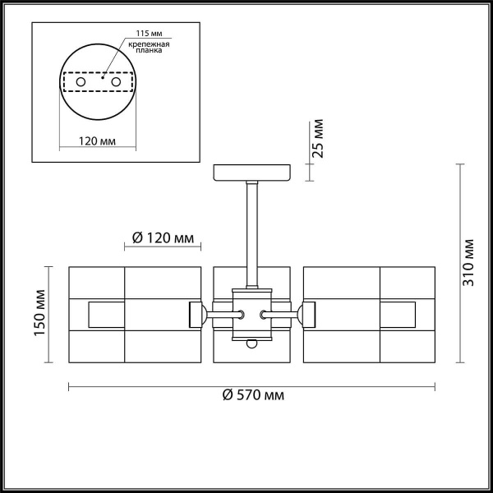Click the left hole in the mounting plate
pyautogui.click(x=81, y=83)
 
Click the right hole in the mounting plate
pyautogui.click(x=117, y=83)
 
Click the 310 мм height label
pyautogui.click(x=469, y=261)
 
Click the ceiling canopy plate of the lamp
pyautogui.click(x=251, y=173)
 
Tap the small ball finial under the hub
pyautogui.click(x=252, y=344)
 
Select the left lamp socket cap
pyautogui.click(x=197, y=314)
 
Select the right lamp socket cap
pyautogui.click(x=309, y=314)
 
